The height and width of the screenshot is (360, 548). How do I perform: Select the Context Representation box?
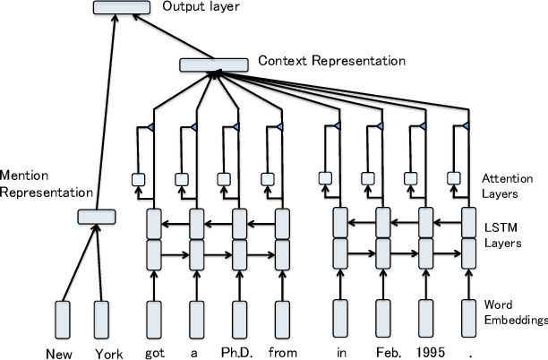(x=213, y=64)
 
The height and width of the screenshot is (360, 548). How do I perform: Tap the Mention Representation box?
(x=97, y=216)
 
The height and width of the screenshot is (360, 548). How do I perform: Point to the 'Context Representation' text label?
(x=331, y=62)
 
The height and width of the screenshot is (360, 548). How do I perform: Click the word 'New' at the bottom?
(x=62, y=351)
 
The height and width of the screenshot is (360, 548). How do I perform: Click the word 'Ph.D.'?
(x=239, y=351)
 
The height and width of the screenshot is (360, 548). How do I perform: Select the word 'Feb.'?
(x=383, y=351)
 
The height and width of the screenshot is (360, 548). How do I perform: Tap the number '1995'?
(x=425, y=351)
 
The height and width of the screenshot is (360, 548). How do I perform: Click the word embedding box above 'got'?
(x=153, y=318)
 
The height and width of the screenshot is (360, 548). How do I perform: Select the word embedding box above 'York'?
(x=101, y=318)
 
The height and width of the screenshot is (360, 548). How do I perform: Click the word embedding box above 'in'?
(x=340, y=318)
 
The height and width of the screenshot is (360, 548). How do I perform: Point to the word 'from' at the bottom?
(x=282, y=351)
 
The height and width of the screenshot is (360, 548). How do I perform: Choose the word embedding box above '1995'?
(x=425, y=318)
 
